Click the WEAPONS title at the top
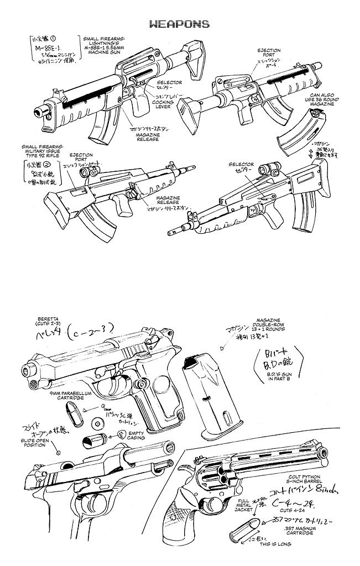(179, 24)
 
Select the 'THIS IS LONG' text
(283, 558)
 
